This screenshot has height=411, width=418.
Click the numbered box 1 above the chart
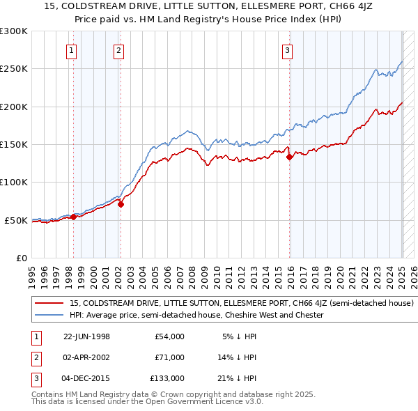pos(73,50)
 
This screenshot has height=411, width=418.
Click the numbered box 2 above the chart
pos(119,50)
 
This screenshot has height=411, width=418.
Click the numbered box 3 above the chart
pos(287,50)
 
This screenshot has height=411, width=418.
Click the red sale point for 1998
pos(73,217)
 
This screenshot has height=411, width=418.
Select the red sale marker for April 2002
pos(121,204)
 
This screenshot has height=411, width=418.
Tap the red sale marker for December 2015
pos(289,157)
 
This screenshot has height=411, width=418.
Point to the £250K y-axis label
pos(14,69)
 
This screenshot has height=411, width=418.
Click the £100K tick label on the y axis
pos(14,182)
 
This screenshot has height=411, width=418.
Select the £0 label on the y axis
pos(21,258)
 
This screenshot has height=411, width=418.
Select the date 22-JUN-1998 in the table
pos(86,336)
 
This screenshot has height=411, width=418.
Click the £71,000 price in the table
pos(170,357)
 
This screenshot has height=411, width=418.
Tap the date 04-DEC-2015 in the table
pos(86,378)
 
